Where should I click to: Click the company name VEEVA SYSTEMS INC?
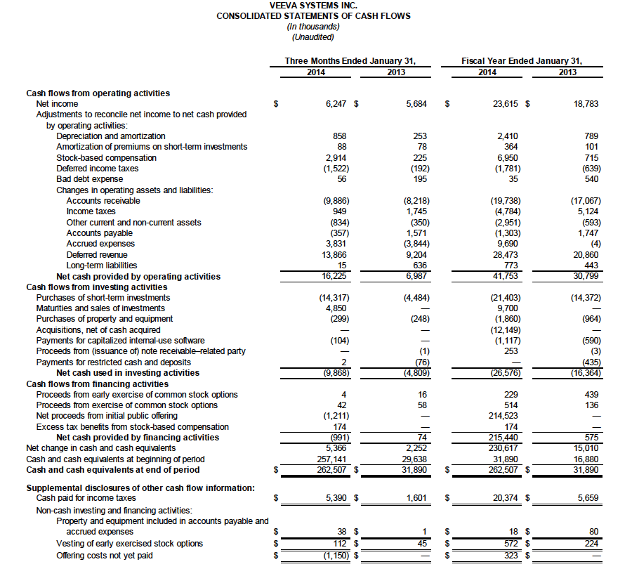[313, 6]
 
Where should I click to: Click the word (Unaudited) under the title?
[313, 37]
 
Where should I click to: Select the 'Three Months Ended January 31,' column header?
[350, 61]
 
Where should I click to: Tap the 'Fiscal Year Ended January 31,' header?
[522, 61]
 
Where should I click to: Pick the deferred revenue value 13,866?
[336, 254]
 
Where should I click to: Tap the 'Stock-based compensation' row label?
[106, 157]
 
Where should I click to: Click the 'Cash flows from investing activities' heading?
[97, 287]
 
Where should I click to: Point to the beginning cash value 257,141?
[334, 459]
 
